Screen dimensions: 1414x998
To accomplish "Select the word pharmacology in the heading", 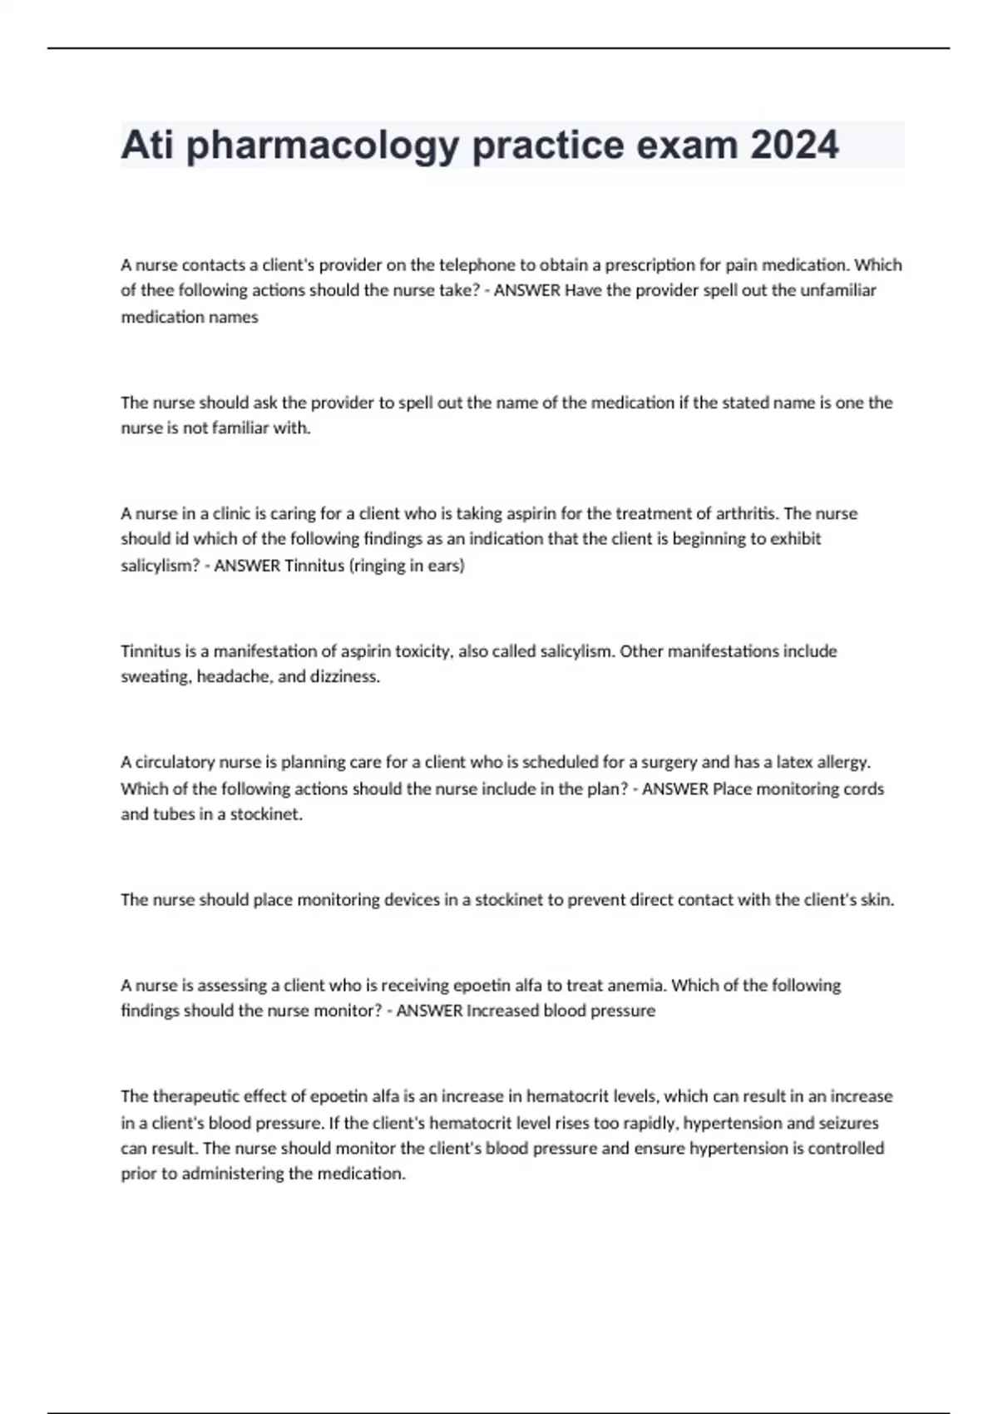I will [x=323, y=146].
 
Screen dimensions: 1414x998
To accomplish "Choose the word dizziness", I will [x=344, y=677].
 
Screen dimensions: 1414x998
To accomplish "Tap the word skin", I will [x=875, y=899].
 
